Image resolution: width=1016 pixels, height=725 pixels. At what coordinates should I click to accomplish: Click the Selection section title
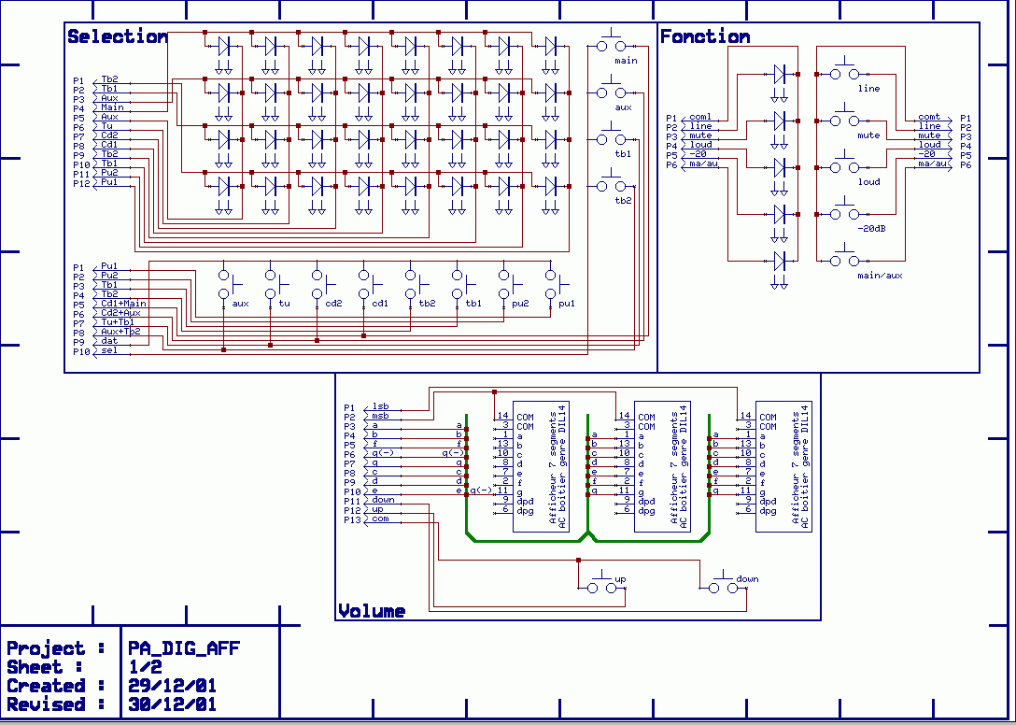coord(118,36)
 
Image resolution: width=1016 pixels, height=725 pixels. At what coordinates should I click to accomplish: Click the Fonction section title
coord(705,36)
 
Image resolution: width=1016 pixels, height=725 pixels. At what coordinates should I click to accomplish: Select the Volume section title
coord(372,611)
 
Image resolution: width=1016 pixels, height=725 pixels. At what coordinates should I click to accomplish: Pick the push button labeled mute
coord(845,121)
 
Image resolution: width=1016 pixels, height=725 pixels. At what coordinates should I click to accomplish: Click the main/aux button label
coord(880,276)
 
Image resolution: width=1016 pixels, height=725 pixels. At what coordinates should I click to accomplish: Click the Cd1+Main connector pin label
coord(123,304)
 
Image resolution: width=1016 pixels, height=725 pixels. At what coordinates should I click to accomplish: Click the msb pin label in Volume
coord(380,416)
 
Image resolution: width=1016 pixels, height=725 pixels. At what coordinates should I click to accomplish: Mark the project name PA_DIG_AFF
coord(185,648)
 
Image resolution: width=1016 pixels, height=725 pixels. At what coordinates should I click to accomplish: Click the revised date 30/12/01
coord(173,704)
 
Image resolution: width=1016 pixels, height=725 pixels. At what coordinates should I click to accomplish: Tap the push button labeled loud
coord(845,167)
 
